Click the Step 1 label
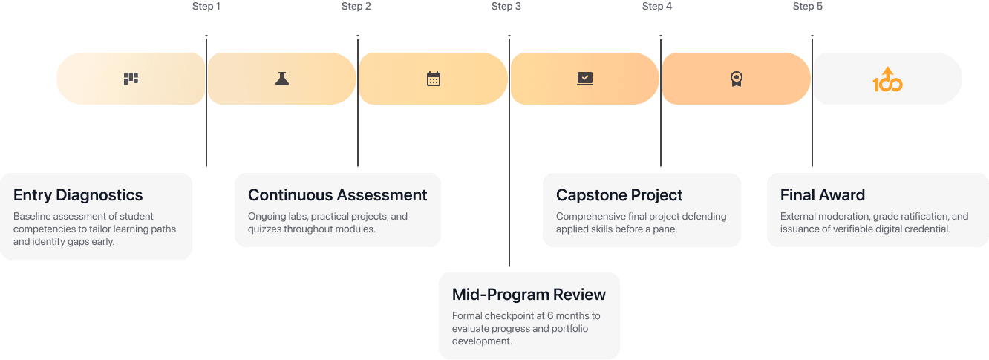tap(206, 6)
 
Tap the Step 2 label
tap(356, 6)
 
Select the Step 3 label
tap(506, 6)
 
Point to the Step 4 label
tap(657, 6)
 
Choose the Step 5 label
tap(808, 6)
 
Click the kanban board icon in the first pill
tap(131, 79)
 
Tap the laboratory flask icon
tap(282, 79)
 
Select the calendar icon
tap(434, 79)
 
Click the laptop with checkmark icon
tap(585, 79)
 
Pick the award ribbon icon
tap(737, 79)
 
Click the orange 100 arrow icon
tap(888, 79)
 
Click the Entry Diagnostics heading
tap(78, 195)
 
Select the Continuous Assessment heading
tap(337, 195)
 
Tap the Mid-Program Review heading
tap(529, 294)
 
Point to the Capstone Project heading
tap(619, 195)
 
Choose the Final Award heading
tap(823, 195)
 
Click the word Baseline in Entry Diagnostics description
tap(31, 216)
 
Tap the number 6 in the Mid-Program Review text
tap(549, 316)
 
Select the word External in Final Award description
tap(797, 216)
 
